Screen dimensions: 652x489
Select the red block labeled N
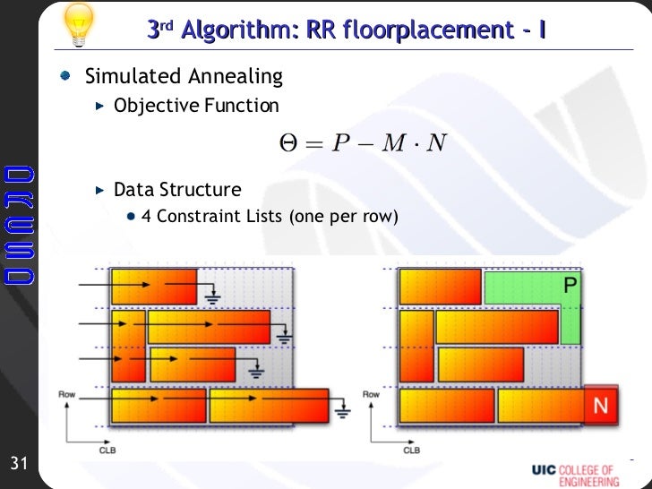click(x=600, y=406)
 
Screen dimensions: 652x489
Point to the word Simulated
click(x=125, y=77)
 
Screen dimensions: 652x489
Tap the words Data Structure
click(x=177, y=190)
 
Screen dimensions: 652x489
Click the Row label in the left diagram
click(x=67, y=394)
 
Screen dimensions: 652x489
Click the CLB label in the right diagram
click(x=411, y=450)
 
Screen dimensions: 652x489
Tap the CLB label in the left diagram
click(x=107, y=450)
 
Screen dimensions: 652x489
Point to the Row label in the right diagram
click(x=371, y=394)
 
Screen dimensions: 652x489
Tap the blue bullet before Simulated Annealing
click(x=67, y=77)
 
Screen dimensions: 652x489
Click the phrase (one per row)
click(x=343, y=216)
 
